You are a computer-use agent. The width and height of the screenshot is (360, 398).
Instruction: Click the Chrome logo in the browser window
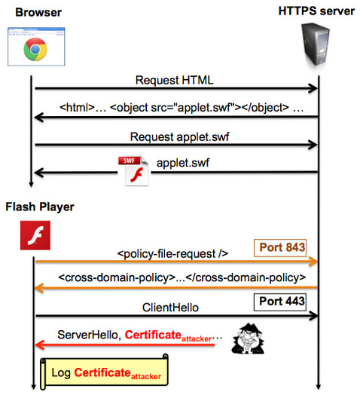tap(35, 49)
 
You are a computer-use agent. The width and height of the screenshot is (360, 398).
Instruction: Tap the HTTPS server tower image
tap(315, 44)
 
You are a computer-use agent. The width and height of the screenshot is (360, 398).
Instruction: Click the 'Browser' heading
tap(38, 12)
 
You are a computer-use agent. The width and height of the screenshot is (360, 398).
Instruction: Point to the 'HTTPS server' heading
tap(316, 11)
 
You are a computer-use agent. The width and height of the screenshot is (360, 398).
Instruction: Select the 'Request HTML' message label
tap(175, 80)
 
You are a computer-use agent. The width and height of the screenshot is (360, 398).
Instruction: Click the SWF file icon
tap(133, 171)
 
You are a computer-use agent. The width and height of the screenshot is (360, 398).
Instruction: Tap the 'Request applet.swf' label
tap(179, 137)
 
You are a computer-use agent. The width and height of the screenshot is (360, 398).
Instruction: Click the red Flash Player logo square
tap(35, 235)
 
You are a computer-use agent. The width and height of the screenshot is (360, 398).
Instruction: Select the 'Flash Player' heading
tap(40, 207)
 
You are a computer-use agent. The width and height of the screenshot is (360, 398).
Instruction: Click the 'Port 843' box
tap(280, 248)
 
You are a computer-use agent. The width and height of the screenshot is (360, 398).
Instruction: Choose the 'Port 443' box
tap(280, 302)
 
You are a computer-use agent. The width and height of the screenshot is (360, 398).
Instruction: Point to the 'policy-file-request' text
tap(172, 254)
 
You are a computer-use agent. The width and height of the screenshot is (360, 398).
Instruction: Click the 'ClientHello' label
tap(170, 308)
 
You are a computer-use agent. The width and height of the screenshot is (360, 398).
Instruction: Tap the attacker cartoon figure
tap(248, 338)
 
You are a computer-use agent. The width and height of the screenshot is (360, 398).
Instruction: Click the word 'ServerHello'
tap(87, 335)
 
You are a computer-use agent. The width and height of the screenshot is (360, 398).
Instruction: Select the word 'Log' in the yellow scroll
tap(61, 373)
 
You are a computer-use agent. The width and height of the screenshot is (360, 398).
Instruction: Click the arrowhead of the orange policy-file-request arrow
tap(313, 262)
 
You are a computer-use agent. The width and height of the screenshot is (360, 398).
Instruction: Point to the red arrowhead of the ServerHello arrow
tap(40, 344)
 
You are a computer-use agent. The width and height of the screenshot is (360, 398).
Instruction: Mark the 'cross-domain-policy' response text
tap(182, 277)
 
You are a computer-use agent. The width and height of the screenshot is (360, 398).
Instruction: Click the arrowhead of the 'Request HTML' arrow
tap(313, 88)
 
